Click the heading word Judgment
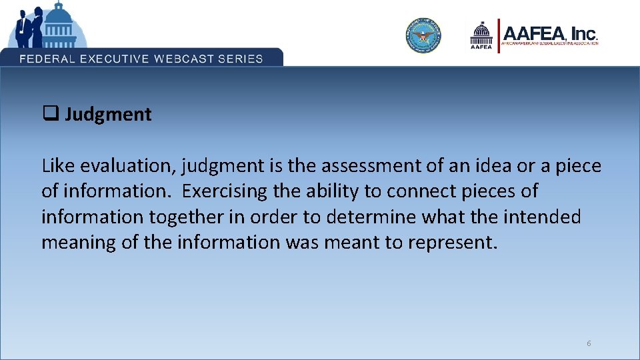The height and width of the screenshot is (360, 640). (x=108, y=115)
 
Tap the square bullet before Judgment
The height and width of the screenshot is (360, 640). (x=49, y=114)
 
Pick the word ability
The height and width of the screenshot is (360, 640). (x=328, y=191)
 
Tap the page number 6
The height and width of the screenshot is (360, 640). (x=589, y=343)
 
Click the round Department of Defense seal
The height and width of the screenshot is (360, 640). (x=424, y=35)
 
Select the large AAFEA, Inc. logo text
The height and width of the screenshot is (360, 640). (x=550, y=34)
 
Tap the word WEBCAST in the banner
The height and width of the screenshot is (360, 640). (x=185, y=58)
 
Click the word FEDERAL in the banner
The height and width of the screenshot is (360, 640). (x=47, y=58)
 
